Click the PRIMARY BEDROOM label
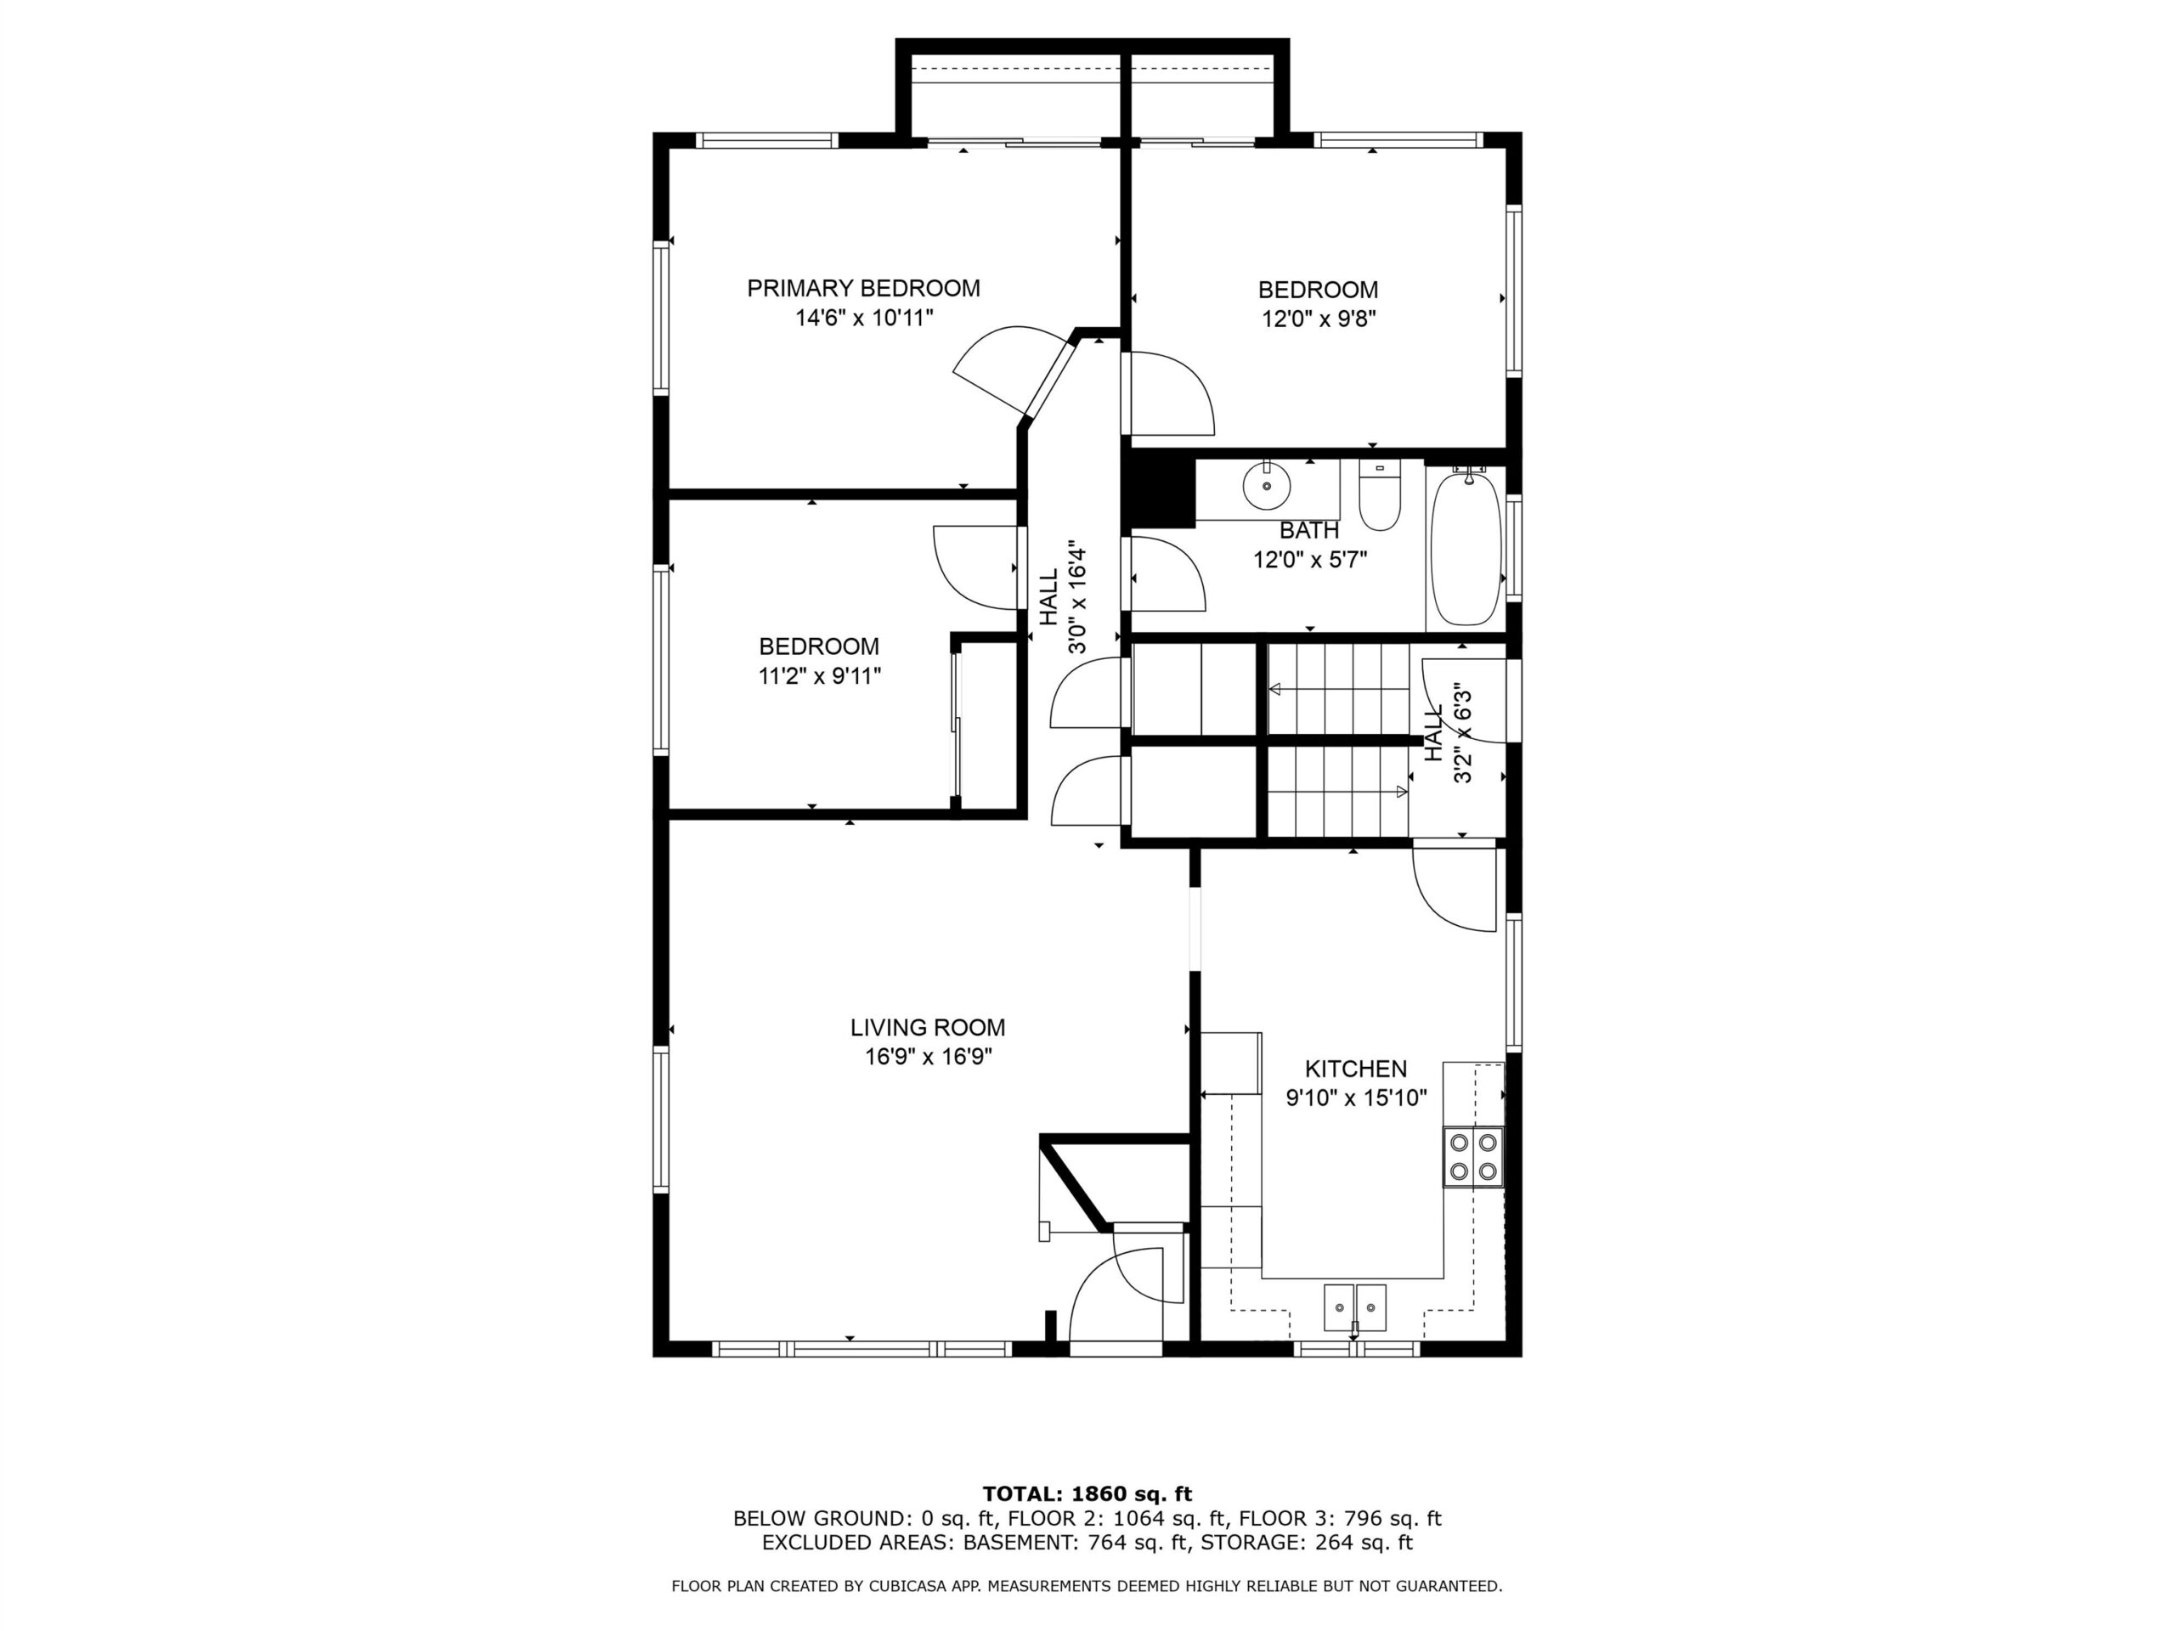click(863, 288)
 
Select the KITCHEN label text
click(1356, 1069)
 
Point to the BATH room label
click(1308, 531)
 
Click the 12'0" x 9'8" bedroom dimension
click(1319, 319)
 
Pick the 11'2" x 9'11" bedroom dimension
click(819, 676)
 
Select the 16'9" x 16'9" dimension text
click(927, 1057)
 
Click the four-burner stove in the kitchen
click(1473, 1156)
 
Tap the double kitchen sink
click(1355, 1308)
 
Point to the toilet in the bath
click(1380, 498)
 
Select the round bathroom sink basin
click(1268, 486)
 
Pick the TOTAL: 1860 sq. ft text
click(1087, 1495)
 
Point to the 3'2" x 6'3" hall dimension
click(1462, 733)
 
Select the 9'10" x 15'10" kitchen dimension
click(1356, 1098)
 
